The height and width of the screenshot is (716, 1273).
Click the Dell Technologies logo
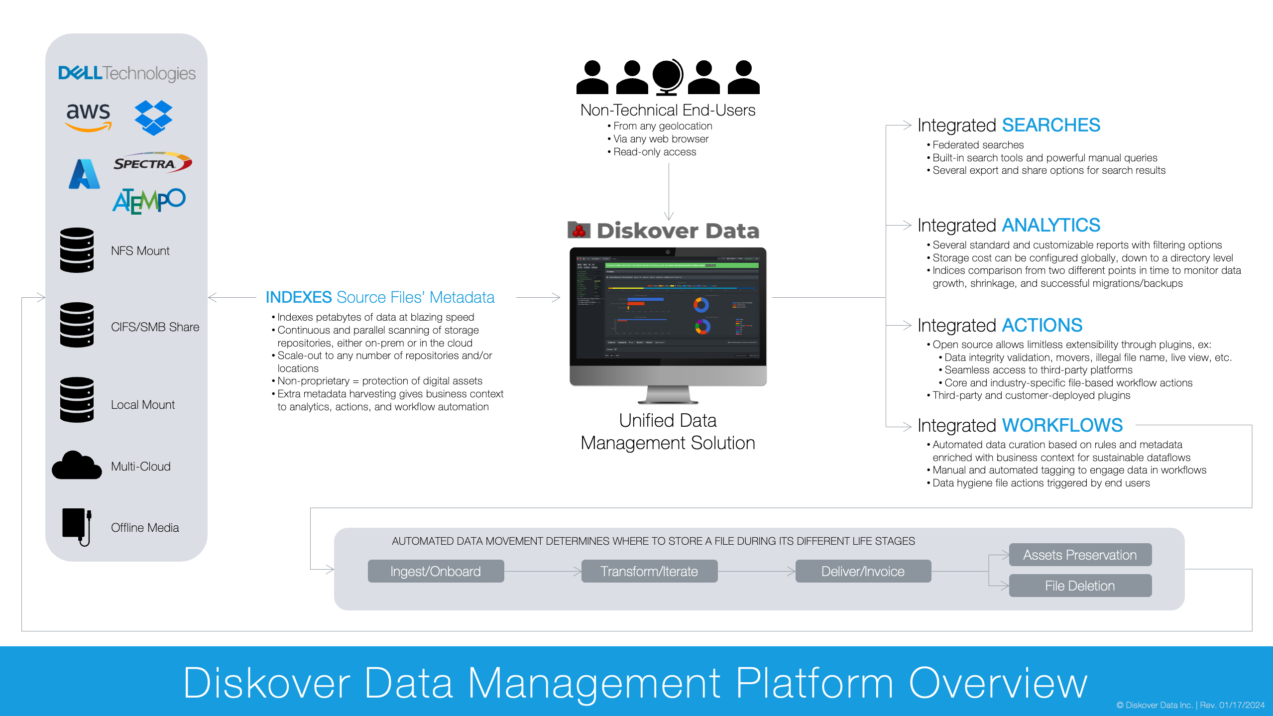[126, 73]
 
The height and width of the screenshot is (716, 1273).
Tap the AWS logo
[88, 116]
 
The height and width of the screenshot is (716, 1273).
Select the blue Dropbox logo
[153, 118]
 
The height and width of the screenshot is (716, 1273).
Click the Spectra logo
[152, 163]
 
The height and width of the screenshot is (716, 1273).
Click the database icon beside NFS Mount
[77, 250]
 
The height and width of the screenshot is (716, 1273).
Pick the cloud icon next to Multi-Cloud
[77, 466]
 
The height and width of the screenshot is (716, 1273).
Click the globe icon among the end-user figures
[667, 77]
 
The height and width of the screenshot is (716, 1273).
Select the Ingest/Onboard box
[436, 571]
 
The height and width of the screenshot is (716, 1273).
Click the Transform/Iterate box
[649, 571]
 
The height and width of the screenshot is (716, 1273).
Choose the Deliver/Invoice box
[863, 571]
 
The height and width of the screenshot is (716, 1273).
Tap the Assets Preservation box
[1080, 555]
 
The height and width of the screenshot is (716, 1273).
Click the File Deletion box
[1080, 586]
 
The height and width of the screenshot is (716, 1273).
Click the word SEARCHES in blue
[1050, 125]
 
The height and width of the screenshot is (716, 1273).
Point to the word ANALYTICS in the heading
[1050, 225]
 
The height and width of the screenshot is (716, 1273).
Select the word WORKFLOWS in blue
[1062, 425]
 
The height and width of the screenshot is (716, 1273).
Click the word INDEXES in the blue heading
[298, 297]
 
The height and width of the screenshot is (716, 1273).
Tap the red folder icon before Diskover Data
[579, 230]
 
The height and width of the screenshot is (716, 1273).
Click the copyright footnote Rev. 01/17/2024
[1232, 705]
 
